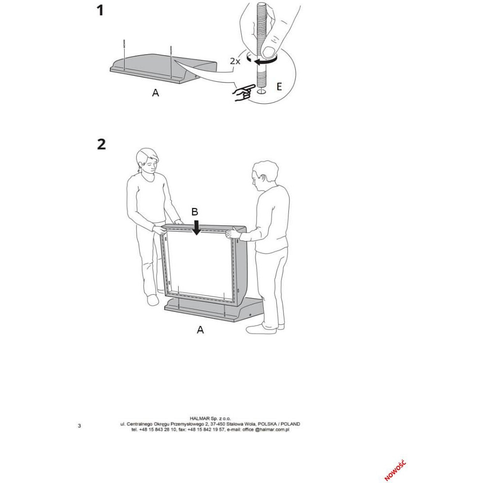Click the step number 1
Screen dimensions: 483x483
click(100, 11)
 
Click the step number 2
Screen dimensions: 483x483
click(101, 144)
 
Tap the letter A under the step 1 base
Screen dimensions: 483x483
click(156, 92)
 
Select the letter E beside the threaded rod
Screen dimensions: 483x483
click(279, 86)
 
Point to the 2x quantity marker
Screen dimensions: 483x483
click(235, 61)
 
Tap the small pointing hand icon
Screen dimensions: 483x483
click(244, 93)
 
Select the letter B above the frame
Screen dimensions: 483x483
click(194, 212)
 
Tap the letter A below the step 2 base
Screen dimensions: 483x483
click(200, 330)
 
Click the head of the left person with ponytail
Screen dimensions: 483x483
click(147, 161)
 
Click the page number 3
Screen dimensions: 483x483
click(80, 426)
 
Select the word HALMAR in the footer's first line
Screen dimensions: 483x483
click(199, 419)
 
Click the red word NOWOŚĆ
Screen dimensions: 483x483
click(395, 470)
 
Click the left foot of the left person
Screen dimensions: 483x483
click(153, 299)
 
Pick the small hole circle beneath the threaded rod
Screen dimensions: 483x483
click(261, 92)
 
